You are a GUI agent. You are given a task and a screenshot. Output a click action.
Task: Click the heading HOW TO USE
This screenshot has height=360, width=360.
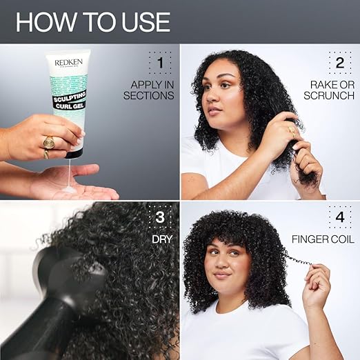pos(92,21)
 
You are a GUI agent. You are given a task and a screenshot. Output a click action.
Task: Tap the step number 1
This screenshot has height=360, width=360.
pos(159,64)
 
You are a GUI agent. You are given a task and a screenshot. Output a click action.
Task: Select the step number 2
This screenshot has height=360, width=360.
pos(339,63)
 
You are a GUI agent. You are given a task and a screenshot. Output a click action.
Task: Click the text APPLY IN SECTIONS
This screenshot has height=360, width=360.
pos(149,90)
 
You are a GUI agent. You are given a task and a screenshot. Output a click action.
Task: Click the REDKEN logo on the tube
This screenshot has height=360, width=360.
pos(68,61)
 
